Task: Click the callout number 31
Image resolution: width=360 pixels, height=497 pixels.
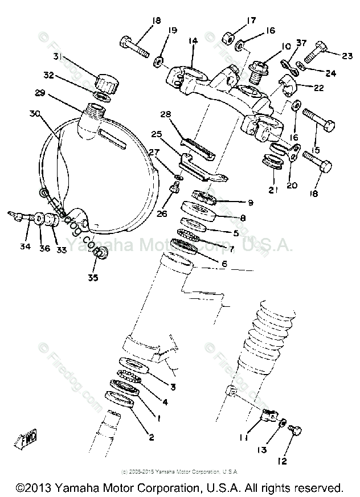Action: (57, 56)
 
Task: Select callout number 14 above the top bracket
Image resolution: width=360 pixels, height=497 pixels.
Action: (193, 41)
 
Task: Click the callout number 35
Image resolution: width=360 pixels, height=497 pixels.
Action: (92, 277)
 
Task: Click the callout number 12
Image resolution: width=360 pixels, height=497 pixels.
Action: (283, 461)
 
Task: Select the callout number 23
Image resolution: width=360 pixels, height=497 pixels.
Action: (347, 55)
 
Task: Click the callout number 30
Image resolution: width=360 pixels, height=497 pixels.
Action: (35, 113)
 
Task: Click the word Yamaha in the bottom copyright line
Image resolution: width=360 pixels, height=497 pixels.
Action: (70, 488)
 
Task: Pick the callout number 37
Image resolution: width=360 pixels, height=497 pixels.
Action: (301, 43)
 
